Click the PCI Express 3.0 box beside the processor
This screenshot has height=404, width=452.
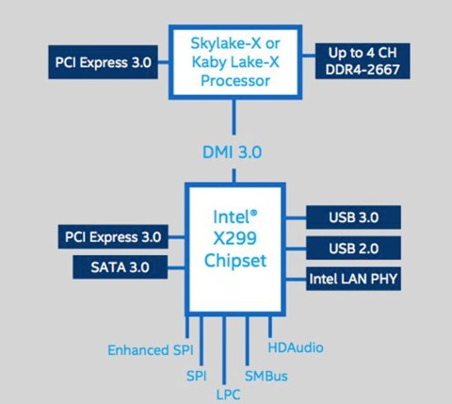click(103, 62)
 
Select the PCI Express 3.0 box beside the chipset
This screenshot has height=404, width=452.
click(113, 236)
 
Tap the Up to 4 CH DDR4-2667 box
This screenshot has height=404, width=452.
click(363, 61)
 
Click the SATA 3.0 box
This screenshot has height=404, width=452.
click(120, 267)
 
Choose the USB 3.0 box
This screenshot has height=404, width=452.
click(353, 218)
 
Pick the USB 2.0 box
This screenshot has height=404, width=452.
click(353, 249)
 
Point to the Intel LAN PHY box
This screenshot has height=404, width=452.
click(353, 279)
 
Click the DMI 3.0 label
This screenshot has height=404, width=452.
click(233, 153)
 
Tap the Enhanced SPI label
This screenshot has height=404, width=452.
click(151, 350)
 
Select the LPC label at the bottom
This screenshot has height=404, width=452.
click(229, 395)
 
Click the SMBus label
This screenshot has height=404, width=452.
click(266, 376)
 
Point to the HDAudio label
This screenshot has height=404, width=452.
click(296, 347)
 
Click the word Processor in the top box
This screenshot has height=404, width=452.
click(235, 81)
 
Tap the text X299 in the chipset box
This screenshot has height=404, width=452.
click(235, 238)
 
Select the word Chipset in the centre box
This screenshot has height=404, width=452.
click(235, 261)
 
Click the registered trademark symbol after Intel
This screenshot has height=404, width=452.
click(253, 213)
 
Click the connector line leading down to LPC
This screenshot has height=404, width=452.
click(224, 350)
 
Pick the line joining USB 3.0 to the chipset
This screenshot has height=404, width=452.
click(296, 218)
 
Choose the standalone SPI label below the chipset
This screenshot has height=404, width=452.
click(197, 376)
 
